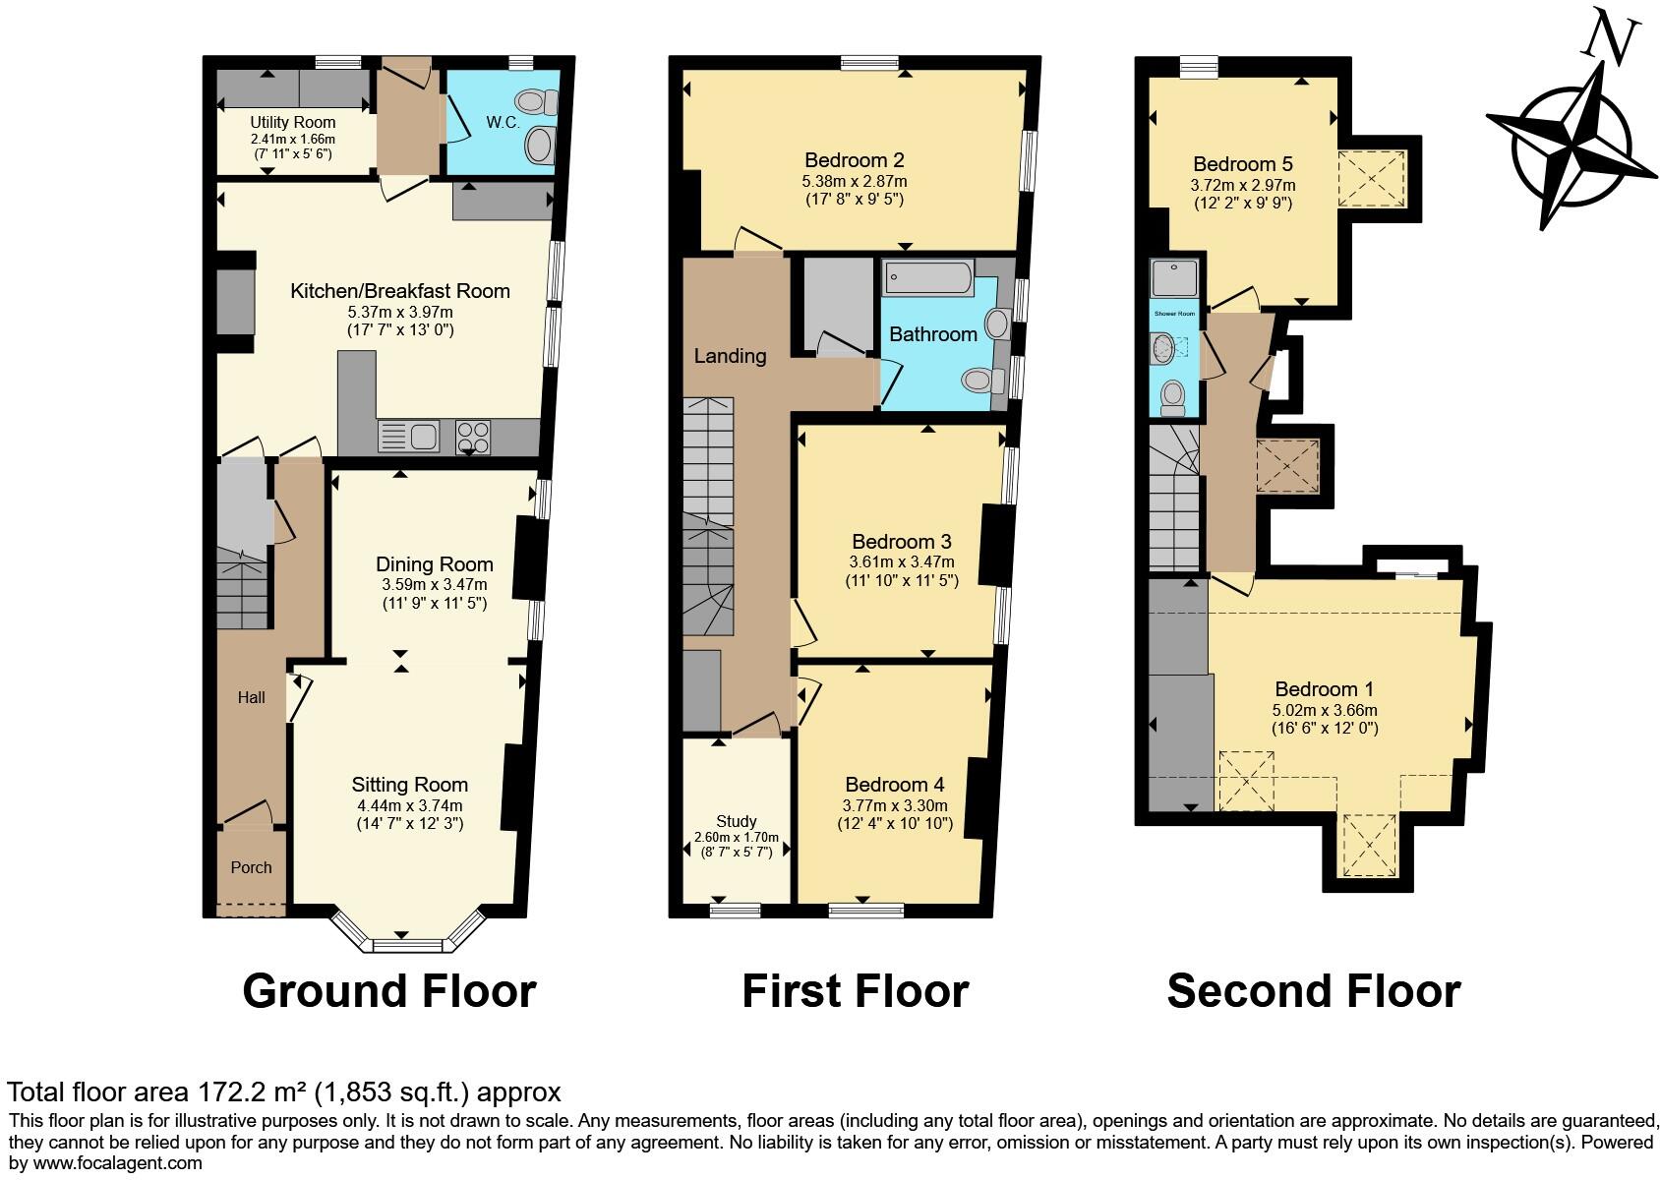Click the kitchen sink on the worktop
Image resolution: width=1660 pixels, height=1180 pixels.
[x=409, y=436]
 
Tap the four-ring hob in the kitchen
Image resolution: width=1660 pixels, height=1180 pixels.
[x=473, y=436]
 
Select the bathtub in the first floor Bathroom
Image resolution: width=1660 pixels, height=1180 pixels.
[x=927, y=278]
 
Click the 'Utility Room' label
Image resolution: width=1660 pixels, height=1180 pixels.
[x=292, y=123]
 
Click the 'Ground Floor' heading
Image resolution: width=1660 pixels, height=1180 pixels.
[x=388, y=991]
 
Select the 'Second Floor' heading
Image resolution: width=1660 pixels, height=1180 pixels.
[x=1313, y=991]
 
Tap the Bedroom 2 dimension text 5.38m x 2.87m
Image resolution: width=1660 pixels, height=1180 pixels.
[x=854, y=182]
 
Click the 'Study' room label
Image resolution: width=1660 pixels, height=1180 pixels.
[x=736, y=822]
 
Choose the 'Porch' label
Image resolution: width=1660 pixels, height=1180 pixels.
[x=251, y=867]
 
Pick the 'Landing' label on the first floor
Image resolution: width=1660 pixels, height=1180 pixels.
[x=730, y=356]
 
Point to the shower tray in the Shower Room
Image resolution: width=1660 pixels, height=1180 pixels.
[x=1174, y=277]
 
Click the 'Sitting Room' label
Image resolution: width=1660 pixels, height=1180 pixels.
[x=409, y=785]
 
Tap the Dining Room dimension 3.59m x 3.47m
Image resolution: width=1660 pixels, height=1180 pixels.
[x=434, y=584]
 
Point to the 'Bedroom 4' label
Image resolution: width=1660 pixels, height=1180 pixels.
[x=894, y=785]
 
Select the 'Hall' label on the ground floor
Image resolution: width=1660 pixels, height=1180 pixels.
[x=251, y=697]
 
